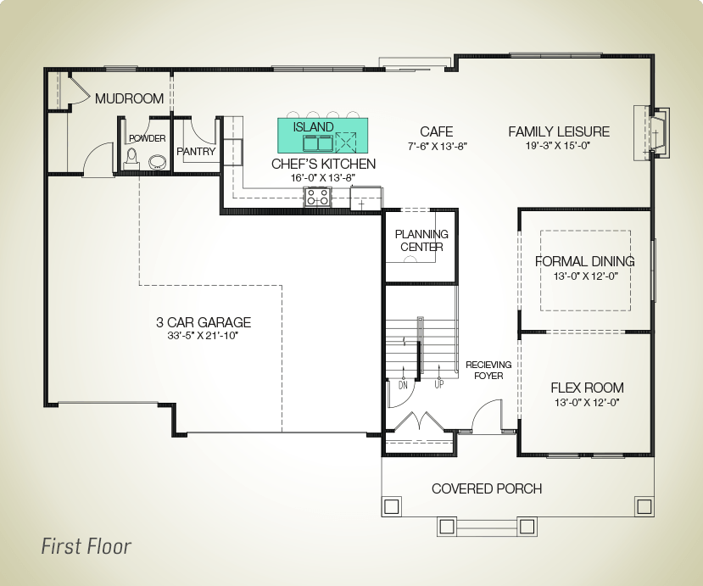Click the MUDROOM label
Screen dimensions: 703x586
[129, 98]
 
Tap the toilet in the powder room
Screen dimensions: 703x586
[131, 159]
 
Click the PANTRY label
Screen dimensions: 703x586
[196, 152]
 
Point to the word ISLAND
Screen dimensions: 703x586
[314, 127]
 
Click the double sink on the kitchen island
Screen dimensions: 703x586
[318, 143]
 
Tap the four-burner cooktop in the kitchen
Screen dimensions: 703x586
[318, 198]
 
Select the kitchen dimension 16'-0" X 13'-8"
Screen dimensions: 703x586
[323, 177]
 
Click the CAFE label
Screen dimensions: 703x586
[436, 131]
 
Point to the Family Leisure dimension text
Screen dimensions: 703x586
[558, 145]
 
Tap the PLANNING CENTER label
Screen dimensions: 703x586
[421, 240]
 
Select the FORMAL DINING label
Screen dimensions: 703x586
[584, 261]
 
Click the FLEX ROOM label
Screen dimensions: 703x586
[587, 388]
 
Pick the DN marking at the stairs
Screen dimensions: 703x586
[403, 385]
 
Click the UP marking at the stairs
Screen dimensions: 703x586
[439, 384]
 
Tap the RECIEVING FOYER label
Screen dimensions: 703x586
[488, 371]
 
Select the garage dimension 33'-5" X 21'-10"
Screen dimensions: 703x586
[203, 335]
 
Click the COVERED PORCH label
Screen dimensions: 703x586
[487, 488]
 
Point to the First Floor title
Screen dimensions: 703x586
[86, 546]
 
